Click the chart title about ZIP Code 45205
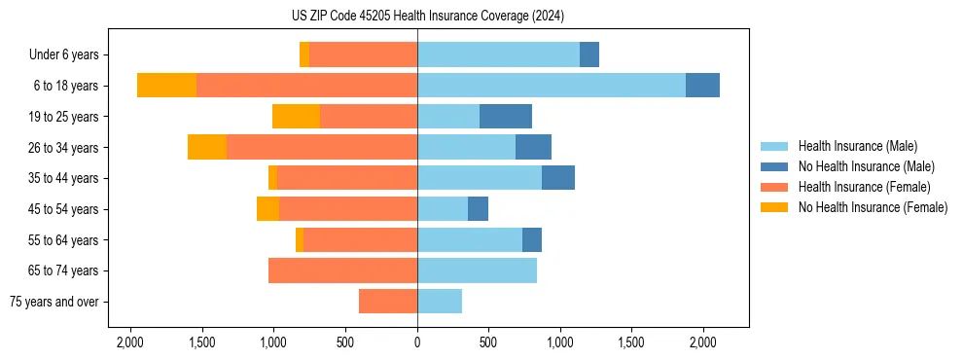point(427,16)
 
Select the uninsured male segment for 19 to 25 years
point(506,117)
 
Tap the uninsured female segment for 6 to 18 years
point(166,86)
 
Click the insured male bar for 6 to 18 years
point(552,86)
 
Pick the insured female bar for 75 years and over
point(388,302)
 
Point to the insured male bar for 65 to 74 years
point(477,270)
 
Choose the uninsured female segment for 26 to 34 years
point(207,147)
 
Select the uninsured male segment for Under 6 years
point(589,54)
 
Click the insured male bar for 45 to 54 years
point(443,209)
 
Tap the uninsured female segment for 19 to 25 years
point(296,117)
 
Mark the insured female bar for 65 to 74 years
point(342,270)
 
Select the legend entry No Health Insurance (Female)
point(873,207)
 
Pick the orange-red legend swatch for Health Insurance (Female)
point(775,187)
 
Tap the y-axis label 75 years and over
point(54,302)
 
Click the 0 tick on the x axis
point(417,342)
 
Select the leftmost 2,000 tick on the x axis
point(130,342)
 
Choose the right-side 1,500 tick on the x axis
point(631,342)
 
